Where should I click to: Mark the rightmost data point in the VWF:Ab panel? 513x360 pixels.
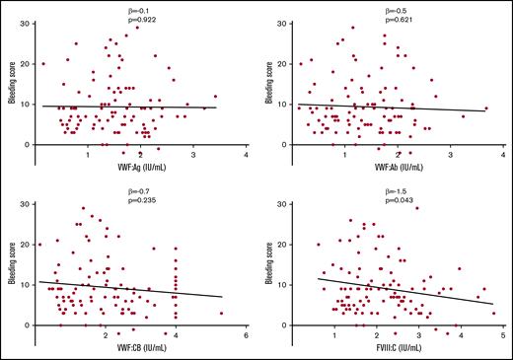(486, 108)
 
